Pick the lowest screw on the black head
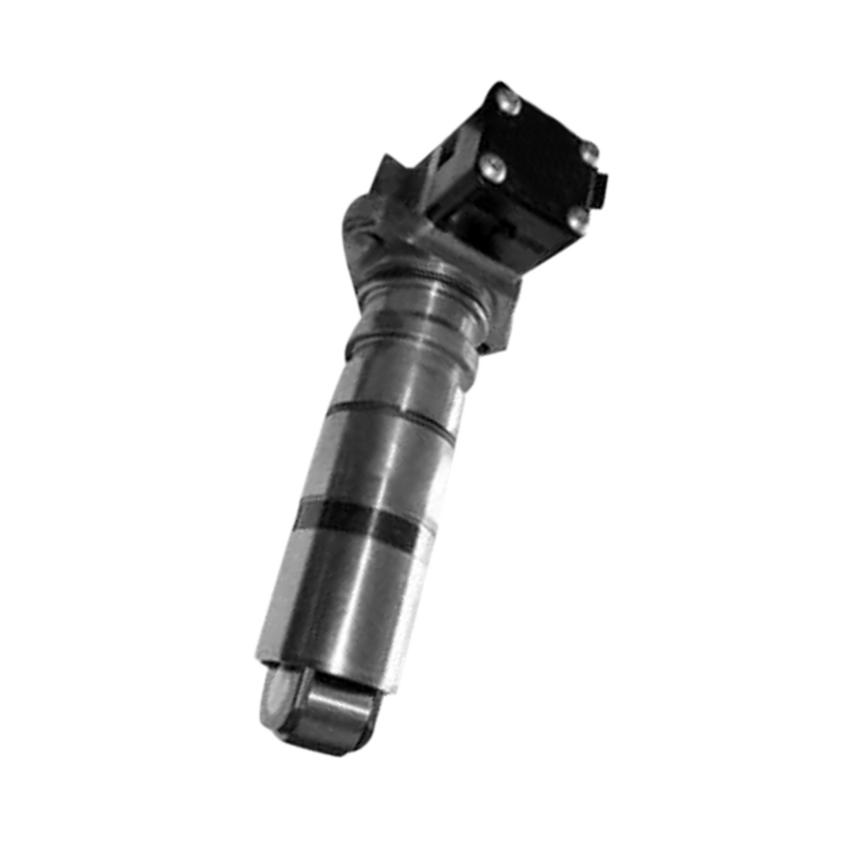pos(578,220)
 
